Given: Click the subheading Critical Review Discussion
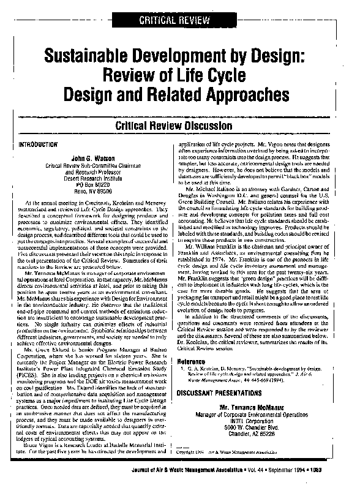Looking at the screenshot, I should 179,126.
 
